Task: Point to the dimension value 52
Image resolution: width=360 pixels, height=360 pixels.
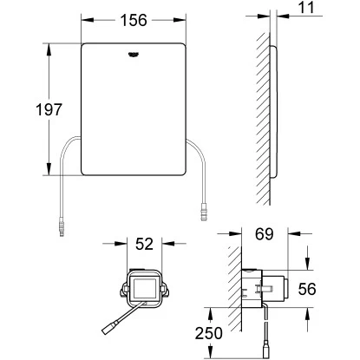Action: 144,245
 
